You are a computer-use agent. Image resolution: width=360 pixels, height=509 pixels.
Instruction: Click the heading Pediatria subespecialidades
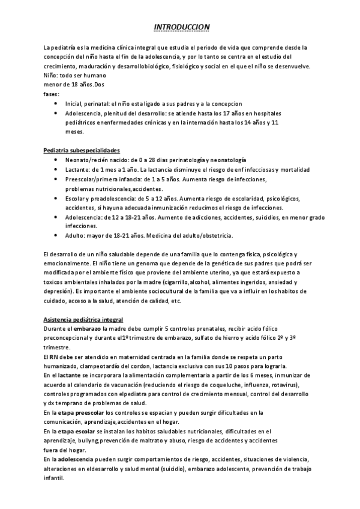82,149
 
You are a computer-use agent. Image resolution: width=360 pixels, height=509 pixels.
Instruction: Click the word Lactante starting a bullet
76,170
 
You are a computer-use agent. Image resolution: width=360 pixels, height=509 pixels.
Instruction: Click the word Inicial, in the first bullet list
75,103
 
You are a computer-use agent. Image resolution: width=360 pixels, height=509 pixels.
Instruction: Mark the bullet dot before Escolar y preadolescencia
55,197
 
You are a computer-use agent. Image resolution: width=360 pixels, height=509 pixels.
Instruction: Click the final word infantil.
53,477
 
